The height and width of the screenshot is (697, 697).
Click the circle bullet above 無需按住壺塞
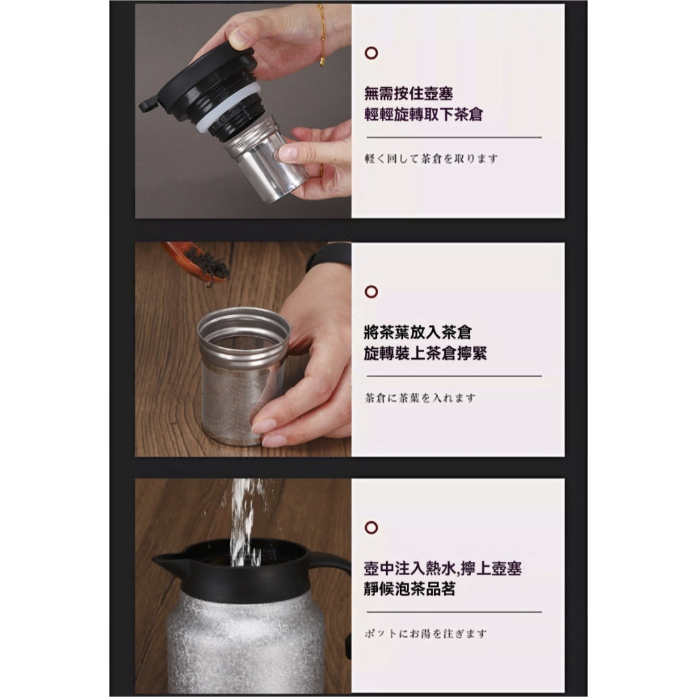[x=372, y=53]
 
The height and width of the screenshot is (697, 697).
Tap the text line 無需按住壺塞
[x=408, y=93]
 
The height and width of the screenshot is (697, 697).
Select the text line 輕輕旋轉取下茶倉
[x=423, y=114]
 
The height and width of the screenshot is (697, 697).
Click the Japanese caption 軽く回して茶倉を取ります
[x=431, y=158]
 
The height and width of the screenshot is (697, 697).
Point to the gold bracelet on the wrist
[x=321, y=35]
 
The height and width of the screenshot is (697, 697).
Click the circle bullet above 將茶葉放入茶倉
[x=372, y=291]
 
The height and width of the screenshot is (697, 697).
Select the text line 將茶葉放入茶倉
[x=413, y=332]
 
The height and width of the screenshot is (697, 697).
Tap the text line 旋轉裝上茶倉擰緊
[x=425, y=353]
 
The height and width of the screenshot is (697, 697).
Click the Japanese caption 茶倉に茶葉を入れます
[x=420, y=398]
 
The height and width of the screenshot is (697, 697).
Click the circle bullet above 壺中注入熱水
[x=372, y=527]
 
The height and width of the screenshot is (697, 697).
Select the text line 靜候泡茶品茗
[x=410, y=589]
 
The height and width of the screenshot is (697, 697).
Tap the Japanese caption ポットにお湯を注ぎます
[x=426, y=634]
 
